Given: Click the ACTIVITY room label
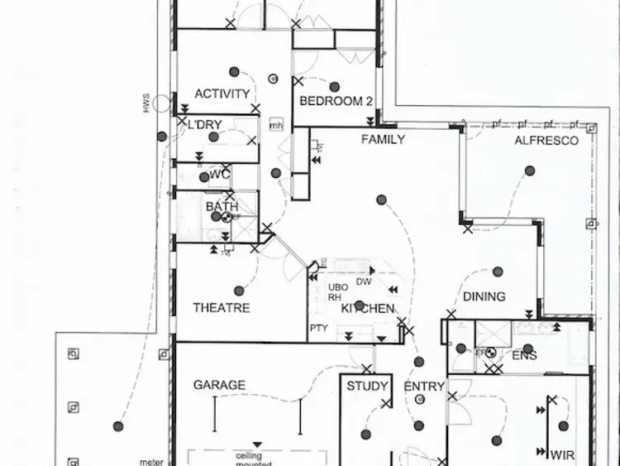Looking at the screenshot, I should pyautogui.click(x=222, y=94).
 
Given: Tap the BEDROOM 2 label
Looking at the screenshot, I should pyautogui.click(x=336, y=101).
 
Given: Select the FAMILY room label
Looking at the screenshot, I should pyautogui.click(x=383, y=139).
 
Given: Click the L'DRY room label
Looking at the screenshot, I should pyautogui.click(x=204, y=124).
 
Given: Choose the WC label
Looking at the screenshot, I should pyautogui.click(x=219, y=175).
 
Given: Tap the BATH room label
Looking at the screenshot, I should pyautogui.click(x=222, y=205).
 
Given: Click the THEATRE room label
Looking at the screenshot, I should pyautogui.click(x=222, y=308).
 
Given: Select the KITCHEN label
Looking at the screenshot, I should pyautogui.click(x=368, y=308).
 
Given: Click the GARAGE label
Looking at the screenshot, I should pyautogui.click(x=219, y=385).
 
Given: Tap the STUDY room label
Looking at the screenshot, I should pyautogui.click(x=367, y=386).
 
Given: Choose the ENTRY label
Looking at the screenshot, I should pyautogui.click(x=424, y=387).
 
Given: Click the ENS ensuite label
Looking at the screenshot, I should pyautogui.click(x=524, y=356).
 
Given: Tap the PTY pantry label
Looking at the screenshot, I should pyautogui.click(x=319, y=329).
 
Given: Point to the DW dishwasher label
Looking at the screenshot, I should pyautogui.click(x=363, y=281).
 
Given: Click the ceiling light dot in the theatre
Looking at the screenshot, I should pyautogui.click(x=239, y=291).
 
